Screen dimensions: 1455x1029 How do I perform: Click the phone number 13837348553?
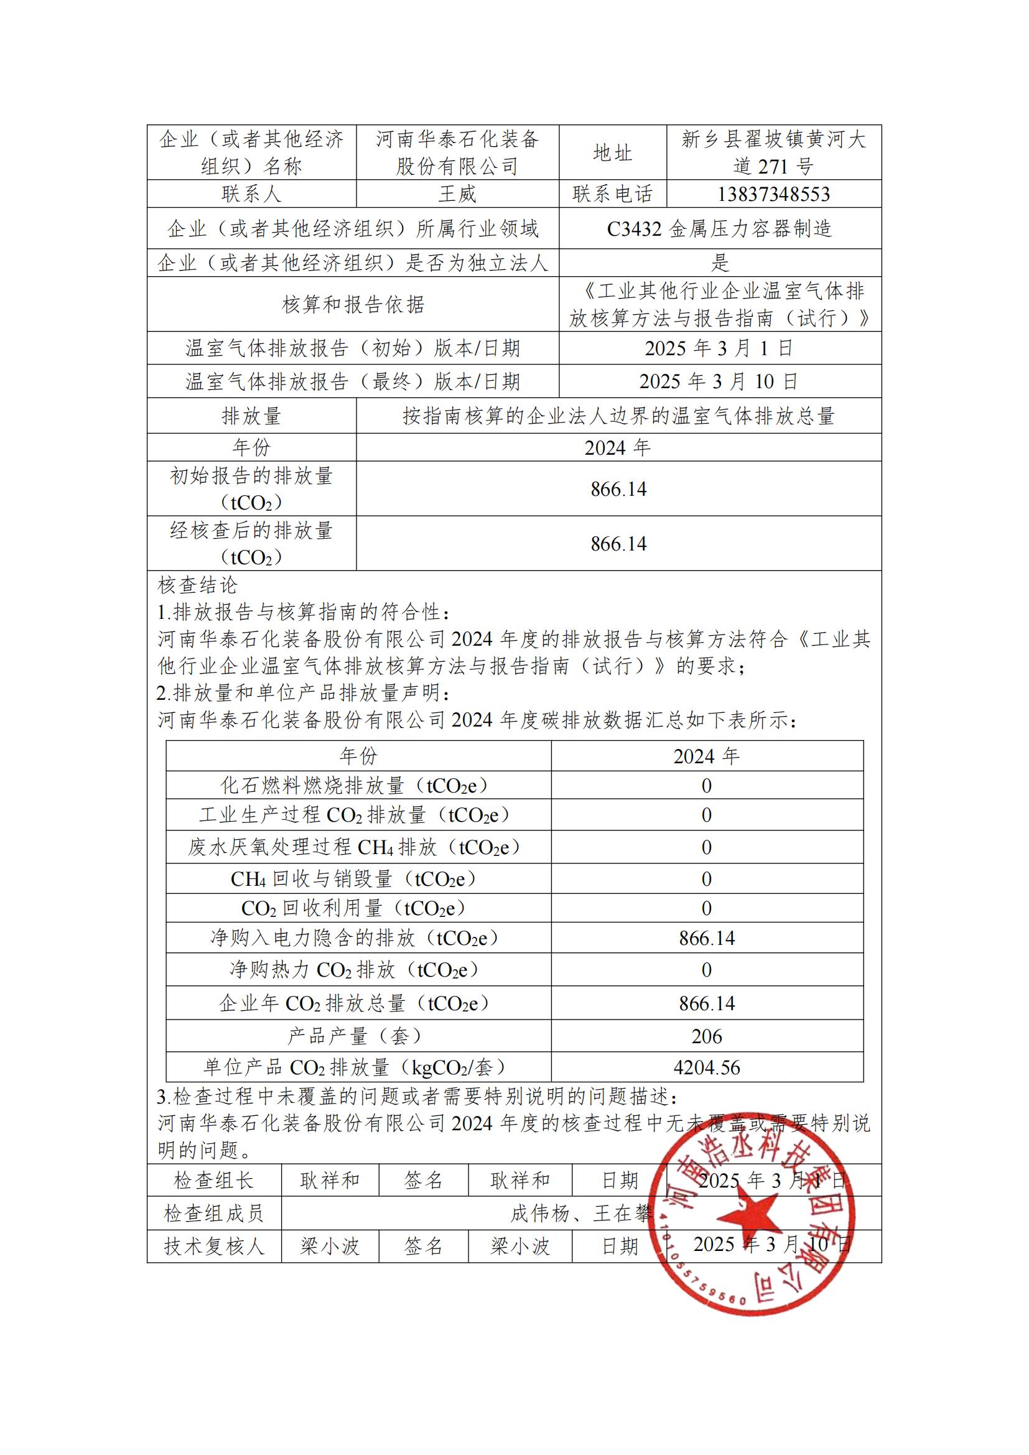coord(773,194)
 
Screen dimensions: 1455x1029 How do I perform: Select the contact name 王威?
coord(457,194)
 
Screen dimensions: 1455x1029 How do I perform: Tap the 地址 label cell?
coord(612,153)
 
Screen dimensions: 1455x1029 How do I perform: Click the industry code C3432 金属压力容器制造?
coord(719,229)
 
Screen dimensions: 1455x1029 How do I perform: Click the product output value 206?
coord(707,1036)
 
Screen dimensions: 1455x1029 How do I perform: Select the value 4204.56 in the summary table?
coord(707,1068)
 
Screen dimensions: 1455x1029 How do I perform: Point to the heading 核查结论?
coord(198,585)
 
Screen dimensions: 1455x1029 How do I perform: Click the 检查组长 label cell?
coord(213,1181)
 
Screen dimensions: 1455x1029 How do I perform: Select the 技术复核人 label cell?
coord(213,1247)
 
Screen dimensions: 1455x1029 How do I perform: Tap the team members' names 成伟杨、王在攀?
coord(581,1214)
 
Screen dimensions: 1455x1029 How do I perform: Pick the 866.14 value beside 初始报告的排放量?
coord(618,489)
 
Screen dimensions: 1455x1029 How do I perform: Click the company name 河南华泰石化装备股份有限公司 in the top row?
coord(457,153)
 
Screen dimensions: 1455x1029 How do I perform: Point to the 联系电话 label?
coord(612,194)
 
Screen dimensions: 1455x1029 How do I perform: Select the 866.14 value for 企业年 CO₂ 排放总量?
coord(707,1003)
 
